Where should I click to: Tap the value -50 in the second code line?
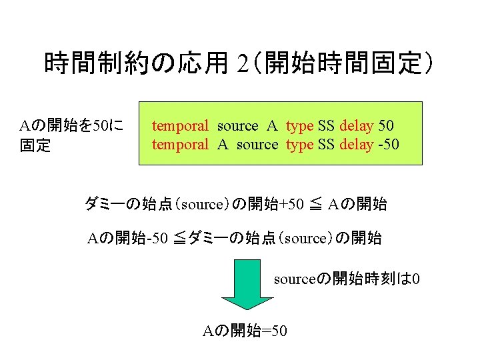(x=387, y=144)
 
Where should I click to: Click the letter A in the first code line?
(x=272, y=125)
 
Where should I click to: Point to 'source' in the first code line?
(x=237, y=125)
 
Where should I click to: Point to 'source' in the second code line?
(x=257, y=144)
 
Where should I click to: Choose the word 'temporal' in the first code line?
(x=180, y=125)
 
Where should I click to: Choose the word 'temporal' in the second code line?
(x=180, y=144)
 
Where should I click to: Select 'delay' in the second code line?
(x=356, y=144)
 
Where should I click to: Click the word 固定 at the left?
(x=35, y=145)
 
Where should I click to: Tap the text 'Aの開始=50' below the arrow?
(x=245, y=330)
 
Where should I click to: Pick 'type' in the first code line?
(x=299, y=125)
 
